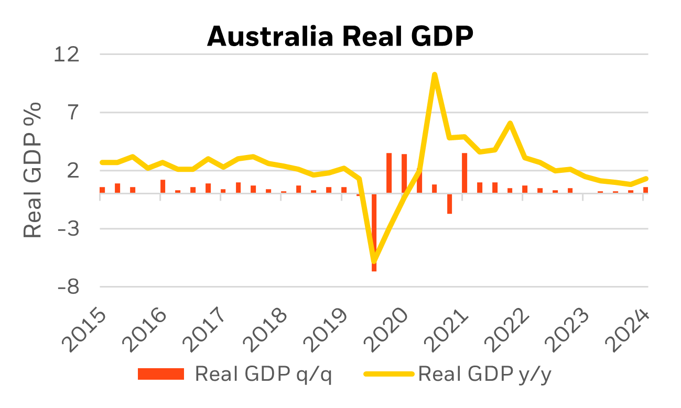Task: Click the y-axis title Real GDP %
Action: point(33,170)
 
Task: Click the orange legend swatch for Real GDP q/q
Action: point(161,374)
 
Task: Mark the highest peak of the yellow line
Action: point(434,74)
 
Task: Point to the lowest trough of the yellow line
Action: point(374,261)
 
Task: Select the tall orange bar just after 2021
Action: point(464,173)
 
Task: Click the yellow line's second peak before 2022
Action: point(510,123)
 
